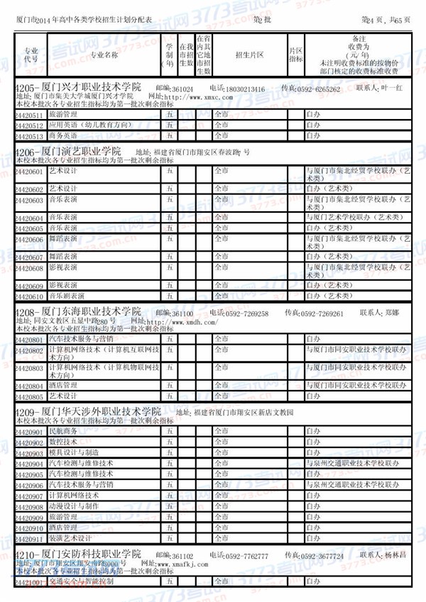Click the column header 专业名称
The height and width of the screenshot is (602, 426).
104,54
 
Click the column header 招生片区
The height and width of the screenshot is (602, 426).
249,54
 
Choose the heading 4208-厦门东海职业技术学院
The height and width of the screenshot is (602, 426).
78,313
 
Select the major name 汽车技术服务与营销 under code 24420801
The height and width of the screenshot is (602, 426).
80,340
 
